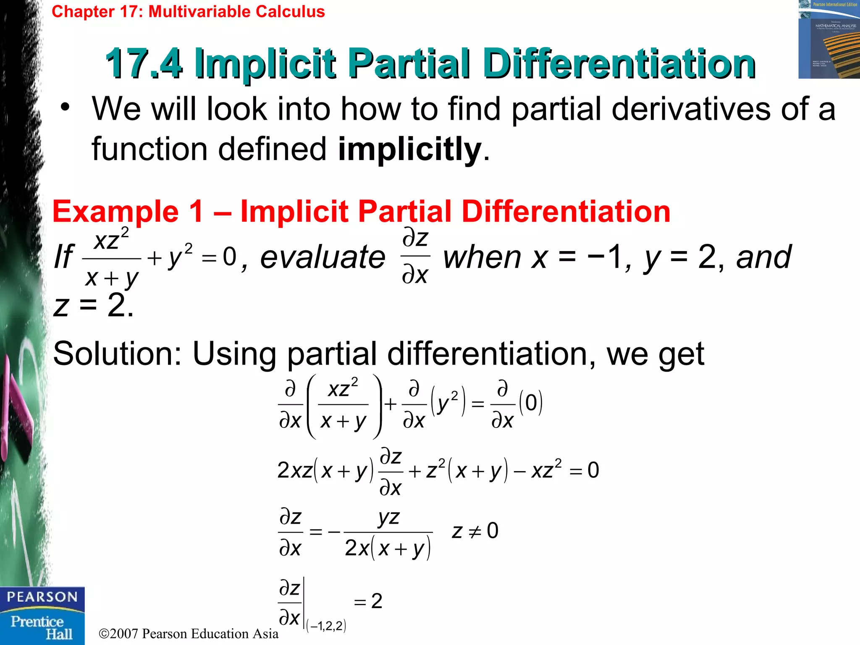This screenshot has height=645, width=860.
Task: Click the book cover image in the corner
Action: pos(829,39)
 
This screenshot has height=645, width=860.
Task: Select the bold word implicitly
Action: pos(409,149)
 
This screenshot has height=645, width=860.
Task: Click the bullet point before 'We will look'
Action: pos(65,108)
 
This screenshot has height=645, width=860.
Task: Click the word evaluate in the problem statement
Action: pos(322,257)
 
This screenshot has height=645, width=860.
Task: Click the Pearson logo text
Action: pos(42,597)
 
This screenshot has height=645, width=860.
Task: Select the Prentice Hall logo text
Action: pos(42,627)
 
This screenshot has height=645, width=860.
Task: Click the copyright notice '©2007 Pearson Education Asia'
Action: pos(189,633)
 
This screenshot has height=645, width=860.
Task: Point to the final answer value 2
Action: pos(377,601)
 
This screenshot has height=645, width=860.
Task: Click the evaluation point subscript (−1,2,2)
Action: pos(326,626)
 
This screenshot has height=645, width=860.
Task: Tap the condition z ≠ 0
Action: pos(475,531)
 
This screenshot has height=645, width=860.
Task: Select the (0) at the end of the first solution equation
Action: pos(531,403)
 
